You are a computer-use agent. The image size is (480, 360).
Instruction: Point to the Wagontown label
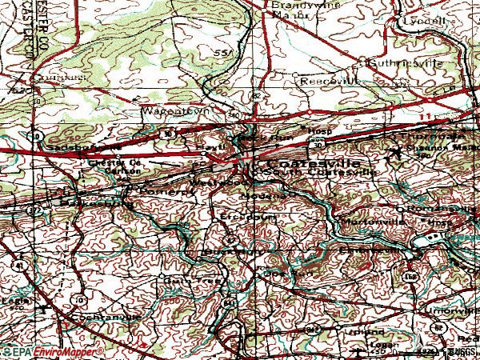pos(169,111)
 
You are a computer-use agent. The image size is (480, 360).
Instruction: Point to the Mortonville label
pos(365,220)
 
